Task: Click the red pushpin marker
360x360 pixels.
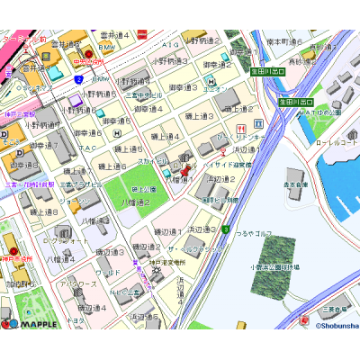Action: [x=186, y=168]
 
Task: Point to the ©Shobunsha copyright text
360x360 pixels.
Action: [x=336, y=326]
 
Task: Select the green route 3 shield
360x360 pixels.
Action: [x=226, y=229]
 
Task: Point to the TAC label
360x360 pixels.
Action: [x=86, y=148]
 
